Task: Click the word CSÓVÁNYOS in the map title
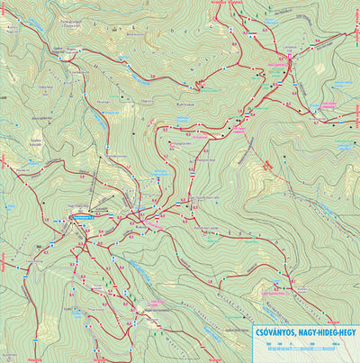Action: click(277, 332)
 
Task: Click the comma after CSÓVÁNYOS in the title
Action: click(296, 335)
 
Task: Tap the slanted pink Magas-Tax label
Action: click(267, 168)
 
